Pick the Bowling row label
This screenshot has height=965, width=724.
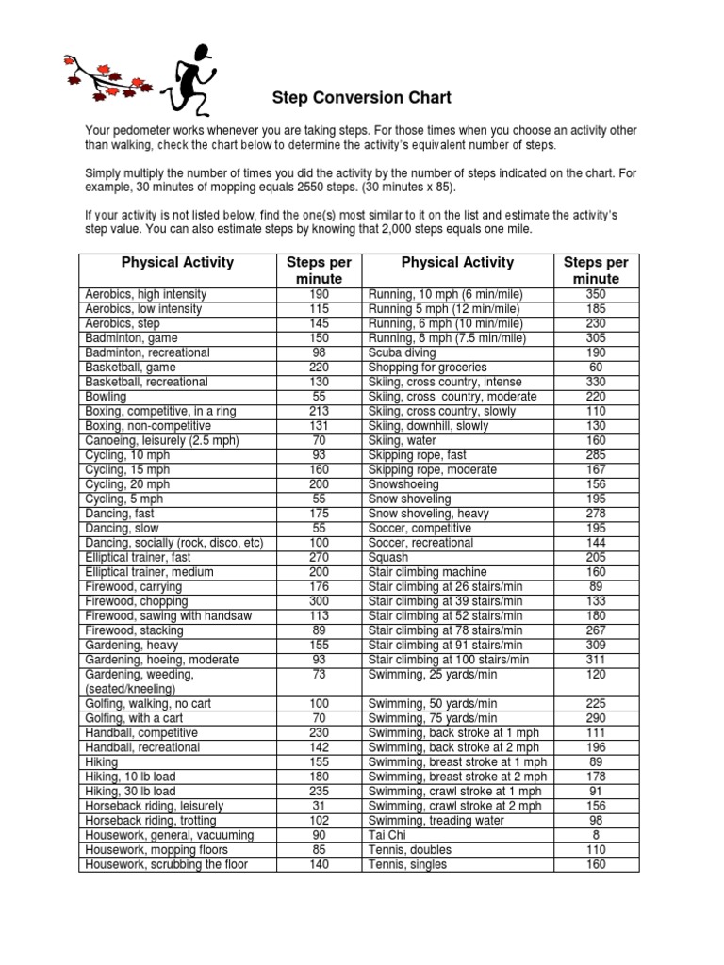pyautogui.click(x=106, y=397)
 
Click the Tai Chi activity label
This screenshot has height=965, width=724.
pyautogui.click(x=386, y=835)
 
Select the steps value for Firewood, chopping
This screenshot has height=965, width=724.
pyautogui.click(x=319, y=601)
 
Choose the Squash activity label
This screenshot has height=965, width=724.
pyautogui.click(x=387, y=558)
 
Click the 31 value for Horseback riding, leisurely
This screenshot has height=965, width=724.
pyautogui.click(x=319, y=806)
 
